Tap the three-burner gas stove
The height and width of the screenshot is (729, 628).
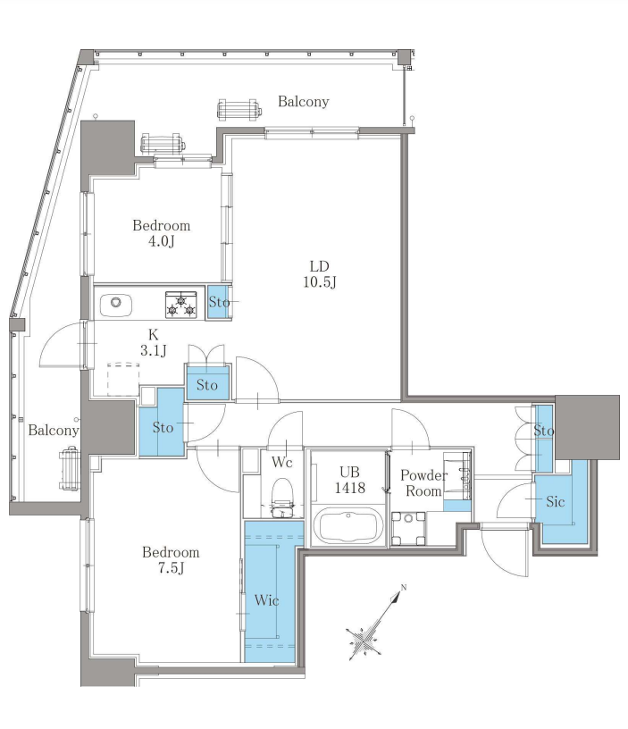point(180,304)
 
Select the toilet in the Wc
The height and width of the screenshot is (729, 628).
point(282,498)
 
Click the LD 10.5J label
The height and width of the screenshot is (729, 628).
point(319,274)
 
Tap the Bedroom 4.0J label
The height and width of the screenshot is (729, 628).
point(162,233)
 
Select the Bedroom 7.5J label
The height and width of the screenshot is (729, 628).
point(171,560)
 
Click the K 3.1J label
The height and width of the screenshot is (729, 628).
point(154,342)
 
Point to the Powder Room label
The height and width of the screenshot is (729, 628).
point(423,482)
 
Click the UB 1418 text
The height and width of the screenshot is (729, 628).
point(349,480)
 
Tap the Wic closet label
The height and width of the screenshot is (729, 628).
point(266,600)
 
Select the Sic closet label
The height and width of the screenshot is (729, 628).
point(555,501)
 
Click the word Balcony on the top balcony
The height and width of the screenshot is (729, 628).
point(304,101)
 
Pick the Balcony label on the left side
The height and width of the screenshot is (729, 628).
point(54,430)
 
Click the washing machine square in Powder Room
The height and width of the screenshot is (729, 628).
point(408,528)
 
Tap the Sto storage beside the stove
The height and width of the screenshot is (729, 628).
point(219,302)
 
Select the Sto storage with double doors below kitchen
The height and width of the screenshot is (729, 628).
point(207,383)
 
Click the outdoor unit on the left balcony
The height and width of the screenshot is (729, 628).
point(69,468)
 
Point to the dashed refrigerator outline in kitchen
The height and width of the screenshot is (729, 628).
point(123,380)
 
